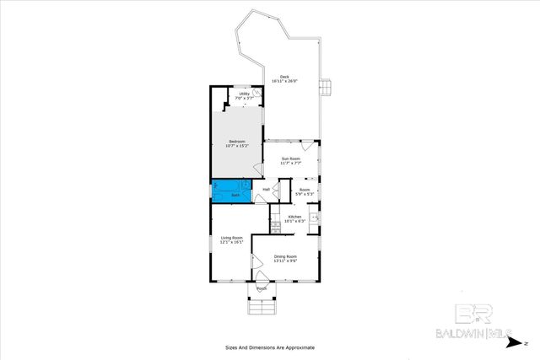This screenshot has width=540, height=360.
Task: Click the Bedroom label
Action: pos(236,142)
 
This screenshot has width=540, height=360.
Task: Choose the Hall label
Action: pos(266,190)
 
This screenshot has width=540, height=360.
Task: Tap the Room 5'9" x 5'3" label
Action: pos(305,190)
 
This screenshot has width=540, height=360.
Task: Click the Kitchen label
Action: pos(294,217)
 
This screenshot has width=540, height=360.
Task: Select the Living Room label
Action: pos(231,238)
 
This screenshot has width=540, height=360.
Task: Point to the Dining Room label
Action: pos(285,256)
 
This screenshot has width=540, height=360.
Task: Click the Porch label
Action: pos(262,288)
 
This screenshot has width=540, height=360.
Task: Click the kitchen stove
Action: pos(275,223)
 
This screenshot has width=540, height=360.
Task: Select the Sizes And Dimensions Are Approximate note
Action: pos(269,347)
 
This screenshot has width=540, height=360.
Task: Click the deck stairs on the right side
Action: pos(329,87)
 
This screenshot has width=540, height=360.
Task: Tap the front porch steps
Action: pos(262,305)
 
